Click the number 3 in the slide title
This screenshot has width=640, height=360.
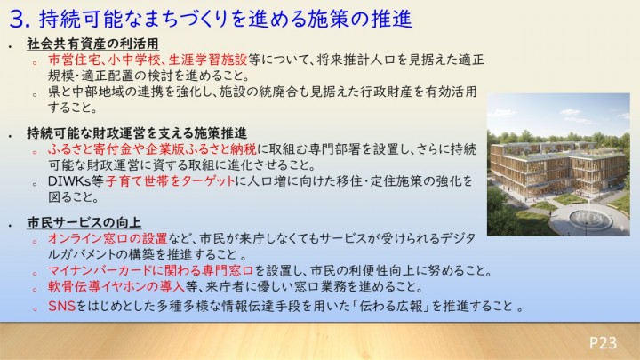[14, 18]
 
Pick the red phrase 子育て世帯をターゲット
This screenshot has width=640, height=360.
[171, 181]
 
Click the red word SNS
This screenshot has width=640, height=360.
[60, 308]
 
